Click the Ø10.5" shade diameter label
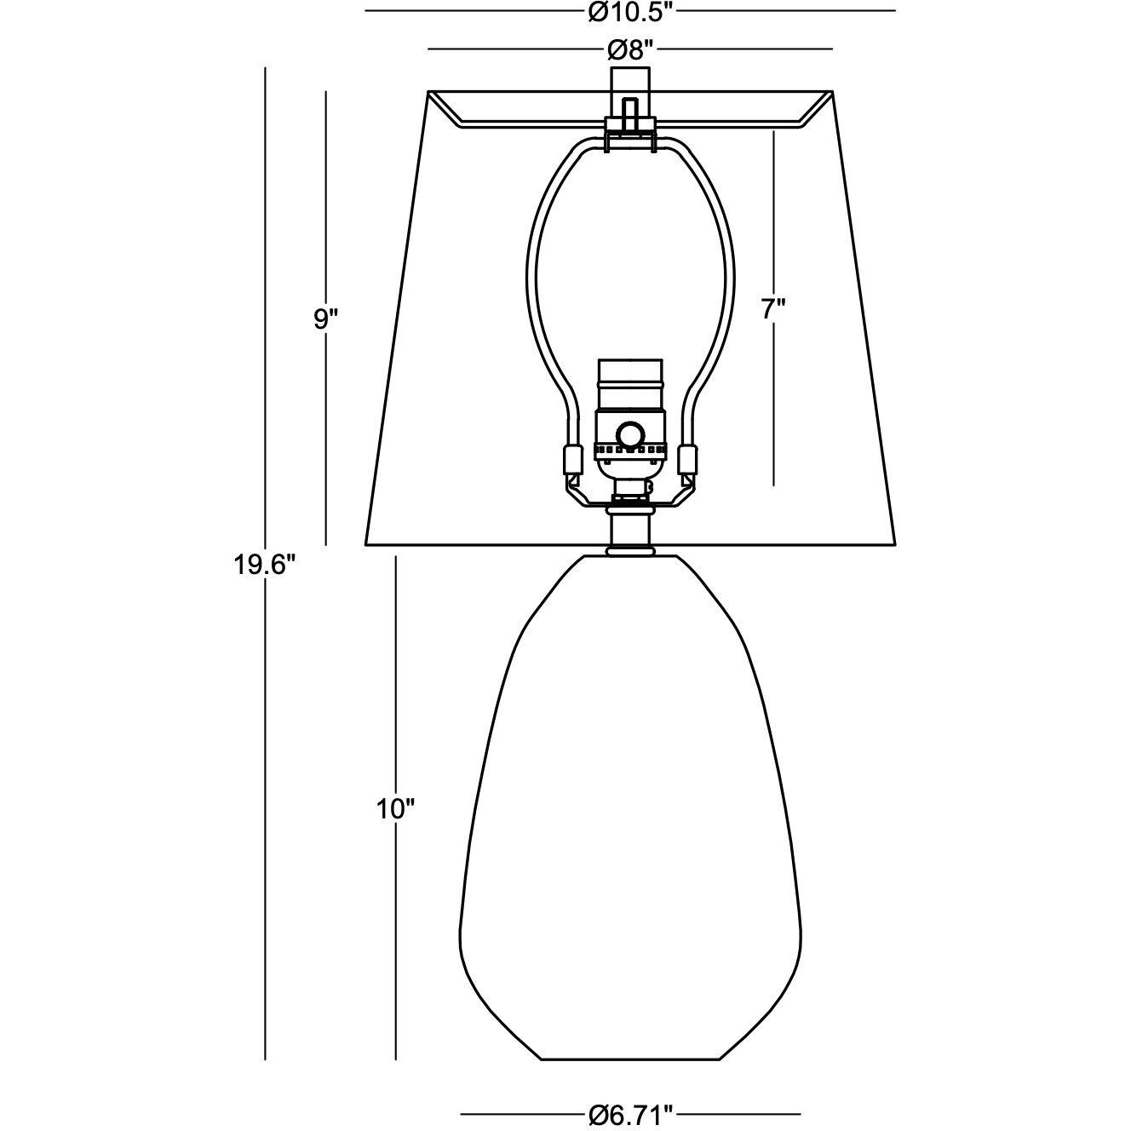[x=629, y=11]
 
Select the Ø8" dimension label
[x=630, y=50]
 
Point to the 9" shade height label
[x=326, y=319]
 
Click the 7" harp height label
[x=772, y=309]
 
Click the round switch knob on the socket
[x=631, y=434]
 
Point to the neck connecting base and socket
[x=630, y=532]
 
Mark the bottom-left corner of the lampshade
[x=366, y=544]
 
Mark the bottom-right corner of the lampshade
[x=896, y=544]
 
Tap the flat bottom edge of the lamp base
[x=630, y=1059]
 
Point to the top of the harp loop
[x=630, y=145]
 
